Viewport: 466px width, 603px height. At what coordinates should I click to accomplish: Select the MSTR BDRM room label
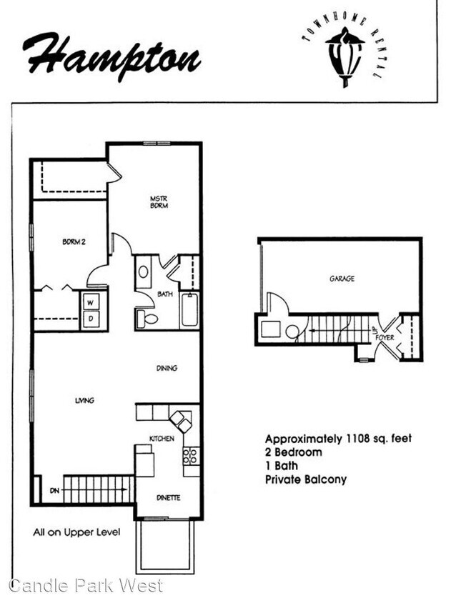[x=159, y=202]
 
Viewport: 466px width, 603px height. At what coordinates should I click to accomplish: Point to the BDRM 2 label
[x=74, y=242]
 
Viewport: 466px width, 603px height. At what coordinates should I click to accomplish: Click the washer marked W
[x=91, y=302]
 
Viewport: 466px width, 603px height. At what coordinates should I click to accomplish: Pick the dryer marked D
[x=91, y=319]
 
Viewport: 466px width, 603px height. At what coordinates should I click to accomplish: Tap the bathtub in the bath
[x=189, y=310]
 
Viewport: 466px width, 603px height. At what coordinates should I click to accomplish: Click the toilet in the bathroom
[x=147, y=319]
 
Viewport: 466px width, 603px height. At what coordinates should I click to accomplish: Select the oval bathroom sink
[x=144, y=272]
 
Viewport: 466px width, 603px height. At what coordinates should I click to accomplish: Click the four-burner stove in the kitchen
[x=191, y=456]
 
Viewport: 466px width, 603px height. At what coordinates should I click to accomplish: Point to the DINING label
[x=167, y=368]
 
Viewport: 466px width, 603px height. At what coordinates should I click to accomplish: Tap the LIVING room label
[x=84, y=401]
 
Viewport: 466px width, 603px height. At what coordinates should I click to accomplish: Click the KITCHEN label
[x=162, y=439]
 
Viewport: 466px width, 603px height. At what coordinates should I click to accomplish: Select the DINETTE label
[x=168, y=498]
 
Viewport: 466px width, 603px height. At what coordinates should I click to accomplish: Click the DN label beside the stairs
[x=54, y=491]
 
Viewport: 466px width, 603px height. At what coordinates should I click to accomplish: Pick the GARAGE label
[x=342, y=279]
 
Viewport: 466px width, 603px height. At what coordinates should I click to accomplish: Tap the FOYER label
[x=385, y=338]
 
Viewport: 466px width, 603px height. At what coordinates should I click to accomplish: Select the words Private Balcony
[x=306, y=479]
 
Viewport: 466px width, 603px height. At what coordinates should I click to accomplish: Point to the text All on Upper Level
[x=76, y=532]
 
